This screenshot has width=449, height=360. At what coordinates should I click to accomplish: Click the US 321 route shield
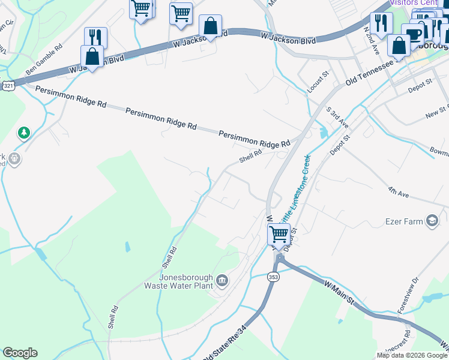tap(8, 86)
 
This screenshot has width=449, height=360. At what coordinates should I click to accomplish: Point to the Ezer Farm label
tap(405, 221)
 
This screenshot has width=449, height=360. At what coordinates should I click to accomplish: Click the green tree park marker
tap(24, 133)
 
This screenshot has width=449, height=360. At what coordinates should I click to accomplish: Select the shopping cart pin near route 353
tap(279, 233)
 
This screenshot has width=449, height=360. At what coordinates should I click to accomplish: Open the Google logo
tap(20, 353)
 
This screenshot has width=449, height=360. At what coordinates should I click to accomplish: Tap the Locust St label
tap(319, 82)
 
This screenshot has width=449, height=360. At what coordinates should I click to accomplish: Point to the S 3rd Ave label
tap(337, 117)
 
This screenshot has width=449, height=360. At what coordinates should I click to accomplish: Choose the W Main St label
tap(340, 293)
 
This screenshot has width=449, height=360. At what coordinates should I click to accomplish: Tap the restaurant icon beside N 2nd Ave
tap(381, 23)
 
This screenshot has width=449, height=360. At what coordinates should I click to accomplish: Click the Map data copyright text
tap(412, 355)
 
